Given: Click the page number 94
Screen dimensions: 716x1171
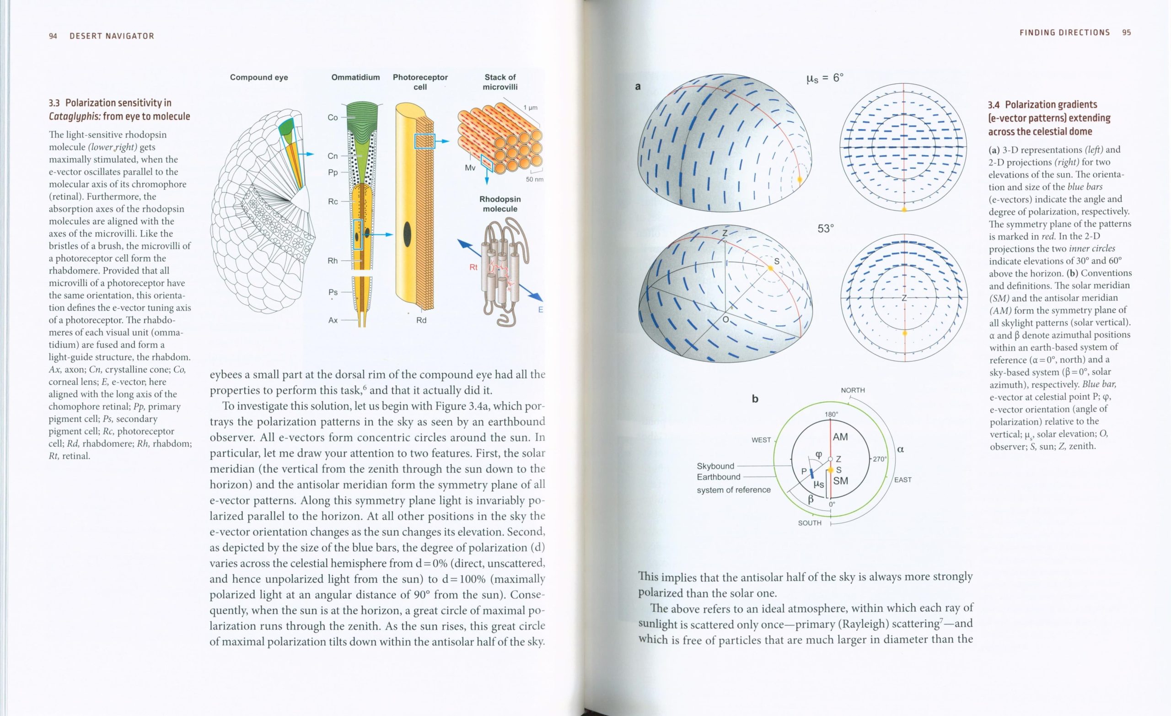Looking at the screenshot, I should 53,36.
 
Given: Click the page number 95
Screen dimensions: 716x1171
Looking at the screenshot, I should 1126,33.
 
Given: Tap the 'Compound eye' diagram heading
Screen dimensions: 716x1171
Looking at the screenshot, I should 258,77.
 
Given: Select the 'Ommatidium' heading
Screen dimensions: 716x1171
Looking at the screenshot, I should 355,77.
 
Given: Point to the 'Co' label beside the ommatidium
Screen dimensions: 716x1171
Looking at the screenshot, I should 333,118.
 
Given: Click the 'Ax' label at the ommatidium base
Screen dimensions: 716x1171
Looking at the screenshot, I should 333,320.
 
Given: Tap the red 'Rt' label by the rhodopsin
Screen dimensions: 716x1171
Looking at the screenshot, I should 473,268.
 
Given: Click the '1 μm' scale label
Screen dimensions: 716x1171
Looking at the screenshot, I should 530,108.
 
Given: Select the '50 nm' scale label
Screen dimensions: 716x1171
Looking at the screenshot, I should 535,179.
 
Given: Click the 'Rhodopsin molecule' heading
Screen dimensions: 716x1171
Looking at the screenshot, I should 500,204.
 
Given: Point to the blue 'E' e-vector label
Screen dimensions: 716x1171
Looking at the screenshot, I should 540,310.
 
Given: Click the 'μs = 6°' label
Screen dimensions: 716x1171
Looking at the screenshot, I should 825,78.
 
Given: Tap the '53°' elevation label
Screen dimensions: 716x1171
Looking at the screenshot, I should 826,229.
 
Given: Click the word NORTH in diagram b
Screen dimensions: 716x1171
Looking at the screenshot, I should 853,390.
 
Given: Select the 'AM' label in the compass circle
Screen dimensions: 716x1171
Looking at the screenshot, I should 840,437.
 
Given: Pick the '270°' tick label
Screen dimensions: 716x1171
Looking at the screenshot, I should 879,459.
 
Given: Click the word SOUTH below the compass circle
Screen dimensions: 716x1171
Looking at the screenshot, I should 810,523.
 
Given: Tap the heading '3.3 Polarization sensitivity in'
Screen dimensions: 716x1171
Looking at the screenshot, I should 110,103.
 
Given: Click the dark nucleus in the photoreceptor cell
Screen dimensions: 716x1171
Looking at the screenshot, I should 407,235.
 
